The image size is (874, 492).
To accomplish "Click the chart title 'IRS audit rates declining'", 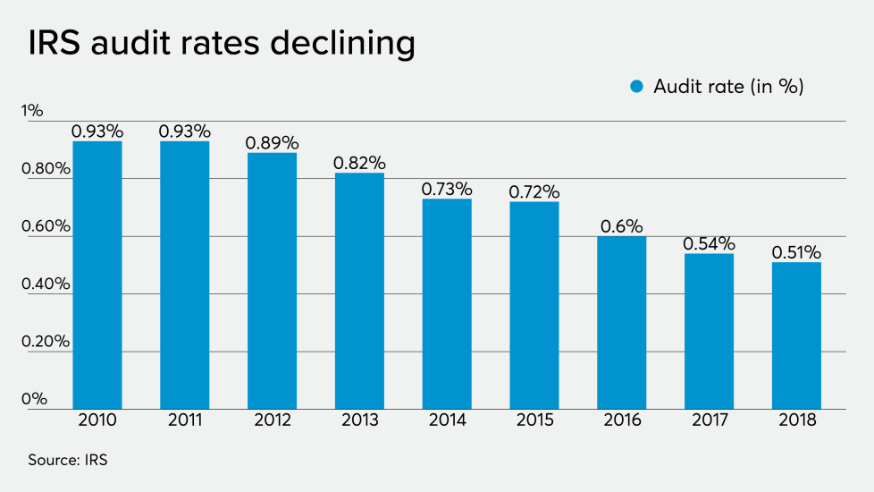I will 221,44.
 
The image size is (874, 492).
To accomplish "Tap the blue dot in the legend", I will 636,87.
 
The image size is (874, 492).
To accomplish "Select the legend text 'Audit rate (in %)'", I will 728,87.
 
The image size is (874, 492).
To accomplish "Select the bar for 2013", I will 359,291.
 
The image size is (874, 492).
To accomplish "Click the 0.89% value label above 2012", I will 273,143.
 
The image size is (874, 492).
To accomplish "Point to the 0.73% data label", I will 447,189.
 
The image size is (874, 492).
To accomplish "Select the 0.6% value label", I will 621,226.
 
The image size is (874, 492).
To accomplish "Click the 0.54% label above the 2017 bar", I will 709,243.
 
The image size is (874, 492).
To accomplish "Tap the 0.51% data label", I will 795,252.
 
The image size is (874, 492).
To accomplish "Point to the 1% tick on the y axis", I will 33,111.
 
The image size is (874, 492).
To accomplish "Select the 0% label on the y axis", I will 35,399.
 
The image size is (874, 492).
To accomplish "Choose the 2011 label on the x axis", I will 185,420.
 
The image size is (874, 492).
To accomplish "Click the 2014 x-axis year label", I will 447,420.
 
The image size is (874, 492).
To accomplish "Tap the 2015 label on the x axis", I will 534,420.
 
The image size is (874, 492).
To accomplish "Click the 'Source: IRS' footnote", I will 68,460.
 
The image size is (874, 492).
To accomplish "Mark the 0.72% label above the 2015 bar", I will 534,192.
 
